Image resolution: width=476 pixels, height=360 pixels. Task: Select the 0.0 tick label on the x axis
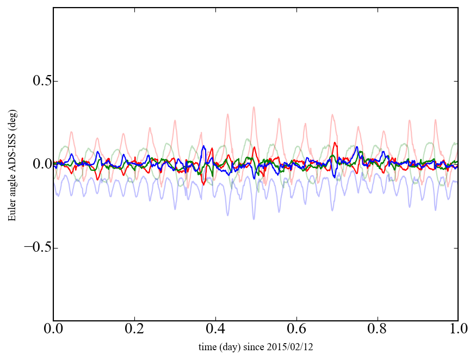point(53,330)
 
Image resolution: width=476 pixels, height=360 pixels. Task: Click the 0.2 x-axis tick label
point(134,330)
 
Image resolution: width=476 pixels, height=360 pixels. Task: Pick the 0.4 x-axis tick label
point(215,330)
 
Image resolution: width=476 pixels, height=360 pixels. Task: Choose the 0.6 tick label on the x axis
point(296,330)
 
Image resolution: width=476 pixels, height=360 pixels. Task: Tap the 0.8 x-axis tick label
point(378,330)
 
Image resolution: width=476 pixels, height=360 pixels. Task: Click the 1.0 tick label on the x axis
point(458,330)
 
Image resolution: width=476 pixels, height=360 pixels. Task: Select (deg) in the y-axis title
point(13,126)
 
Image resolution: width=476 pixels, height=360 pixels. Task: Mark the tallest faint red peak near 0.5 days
point(254,107)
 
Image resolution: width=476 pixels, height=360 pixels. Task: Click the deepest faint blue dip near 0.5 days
point(254,219)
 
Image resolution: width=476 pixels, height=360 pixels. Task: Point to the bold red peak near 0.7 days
point(335,143)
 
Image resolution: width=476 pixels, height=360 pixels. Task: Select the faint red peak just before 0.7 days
point(331,115)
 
